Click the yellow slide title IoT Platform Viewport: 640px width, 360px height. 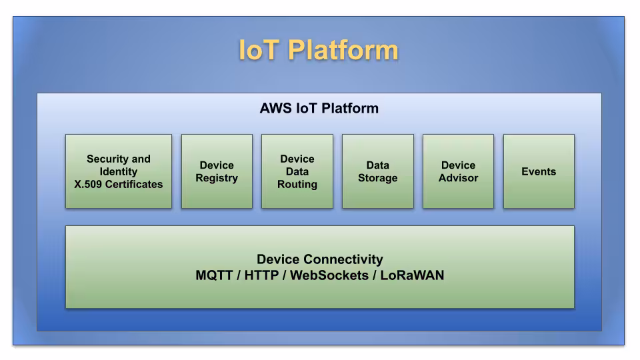(319, 51)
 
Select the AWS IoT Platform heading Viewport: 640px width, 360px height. (319, 108)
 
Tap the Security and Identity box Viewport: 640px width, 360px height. (119, 171)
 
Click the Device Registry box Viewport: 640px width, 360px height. (217, 171)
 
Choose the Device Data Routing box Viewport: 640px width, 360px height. (297, 171)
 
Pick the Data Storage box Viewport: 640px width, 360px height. (377, 171)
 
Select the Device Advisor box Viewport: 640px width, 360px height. (458, 171)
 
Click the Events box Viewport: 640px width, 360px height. (539, 171)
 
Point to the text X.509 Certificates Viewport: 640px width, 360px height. (119, 185)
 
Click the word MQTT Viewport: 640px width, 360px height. (214, 275)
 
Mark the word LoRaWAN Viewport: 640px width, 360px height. (412, 275)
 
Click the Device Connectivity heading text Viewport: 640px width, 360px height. (320, 259)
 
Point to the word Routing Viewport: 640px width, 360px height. (297, 185)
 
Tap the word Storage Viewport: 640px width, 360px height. (377, 178)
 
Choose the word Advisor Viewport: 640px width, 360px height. (458, 178)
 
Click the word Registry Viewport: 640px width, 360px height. (217, 178)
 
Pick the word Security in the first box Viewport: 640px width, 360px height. (108, 159)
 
